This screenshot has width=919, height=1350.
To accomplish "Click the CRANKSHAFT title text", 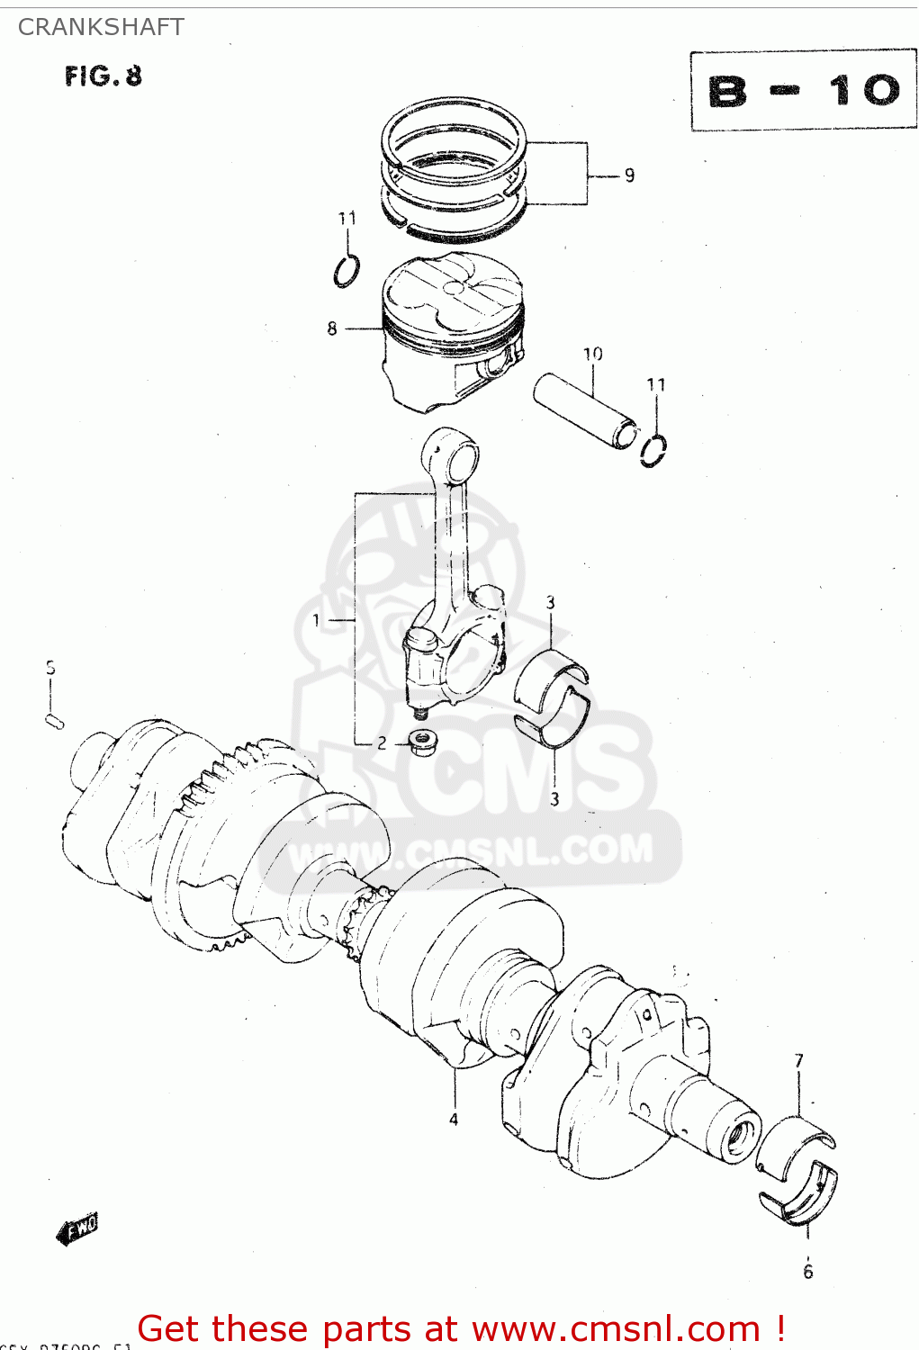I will coord(101,27).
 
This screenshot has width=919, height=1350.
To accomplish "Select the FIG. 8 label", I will coord(103,76).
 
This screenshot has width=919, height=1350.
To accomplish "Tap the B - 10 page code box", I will coord(803,90).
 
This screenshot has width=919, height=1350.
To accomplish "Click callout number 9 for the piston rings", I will coord(629,175).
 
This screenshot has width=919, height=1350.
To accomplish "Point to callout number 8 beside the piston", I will coord(332,329).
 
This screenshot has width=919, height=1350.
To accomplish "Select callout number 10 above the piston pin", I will coord(592,354).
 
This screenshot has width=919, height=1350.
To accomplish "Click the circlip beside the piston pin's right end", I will coord(654,448).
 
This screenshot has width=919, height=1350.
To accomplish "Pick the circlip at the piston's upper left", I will coord(347,270).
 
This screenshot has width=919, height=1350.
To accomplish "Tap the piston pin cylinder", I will coord(585,409).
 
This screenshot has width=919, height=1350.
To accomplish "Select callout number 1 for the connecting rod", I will coord(316,620).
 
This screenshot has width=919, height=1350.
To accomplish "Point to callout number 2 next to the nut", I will coord(382,743).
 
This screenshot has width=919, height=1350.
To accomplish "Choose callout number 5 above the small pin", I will coord(50,668).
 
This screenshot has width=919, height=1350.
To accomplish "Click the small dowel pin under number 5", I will coord(53,720).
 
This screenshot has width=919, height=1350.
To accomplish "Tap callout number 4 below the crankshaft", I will coord(454,1120).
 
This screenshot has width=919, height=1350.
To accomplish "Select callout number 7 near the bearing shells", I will coord(798,1061).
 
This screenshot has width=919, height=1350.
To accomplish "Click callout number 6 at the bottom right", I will coord(807,1272).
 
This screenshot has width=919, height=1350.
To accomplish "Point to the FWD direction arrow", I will coord(77,1228).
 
